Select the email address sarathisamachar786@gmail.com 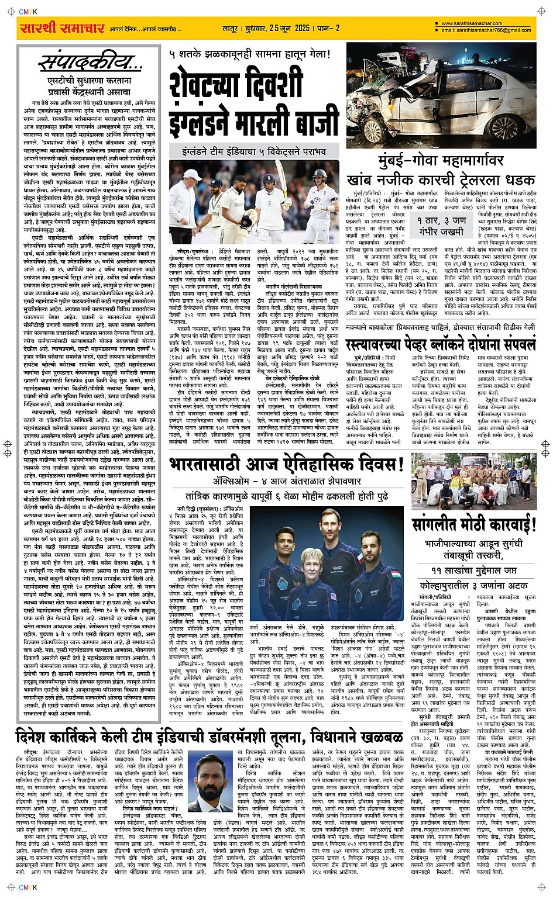click(486, 30)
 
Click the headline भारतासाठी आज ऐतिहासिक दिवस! click(287, 465)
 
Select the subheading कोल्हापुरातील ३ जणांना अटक click(474, 585)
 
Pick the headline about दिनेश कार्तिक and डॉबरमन click(209, 735)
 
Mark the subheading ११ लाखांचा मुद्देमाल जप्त click(474, 570)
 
